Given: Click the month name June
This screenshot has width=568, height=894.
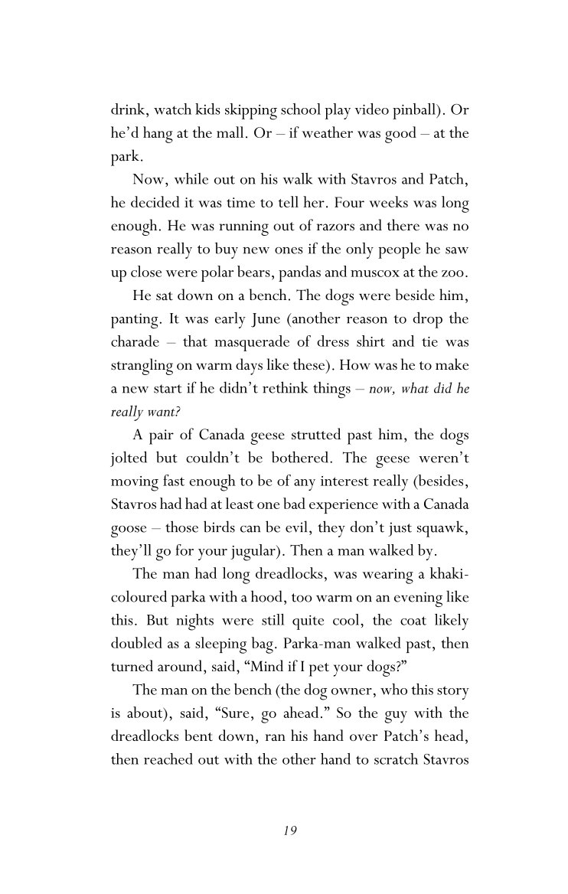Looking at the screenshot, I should [x=266, y=317].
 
